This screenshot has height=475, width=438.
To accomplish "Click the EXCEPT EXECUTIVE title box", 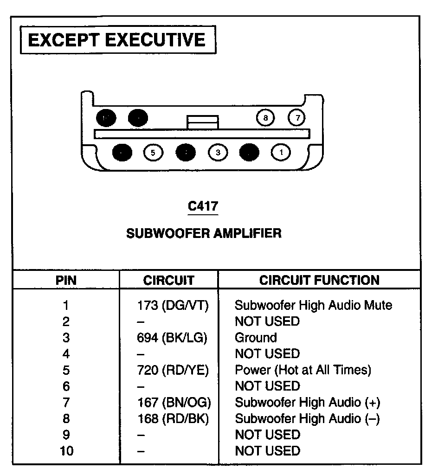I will [x=116, y=40].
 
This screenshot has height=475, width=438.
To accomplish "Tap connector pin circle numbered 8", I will [x=265, y=118].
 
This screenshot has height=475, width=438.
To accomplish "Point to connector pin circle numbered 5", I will [x=153, y=152].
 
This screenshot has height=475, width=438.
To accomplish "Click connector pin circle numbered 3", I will [x=218, y=152].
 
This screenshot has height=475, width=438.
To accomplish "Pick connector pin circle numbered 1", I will [x=281, y=152].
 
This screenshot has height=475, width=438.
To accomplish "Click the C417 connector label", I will [x=203, y=205].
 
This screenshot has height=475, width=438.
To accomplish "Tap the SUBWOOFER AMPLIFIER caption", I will [x=204, y=233].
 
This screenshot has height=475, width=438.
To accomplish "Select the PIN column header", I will [x=66, y=280].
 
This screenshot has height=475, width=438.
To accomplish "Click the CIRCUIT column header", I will [x=168, y=280].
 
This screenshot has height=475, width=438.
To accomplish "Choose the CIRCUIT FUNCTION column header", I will [x=319, y=280].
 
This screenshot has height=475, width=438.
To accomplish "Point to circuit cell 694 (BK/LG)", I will [x=172, y=338].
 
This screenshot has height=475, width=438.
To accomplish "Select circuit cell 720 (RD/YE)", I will [x=173, y=370].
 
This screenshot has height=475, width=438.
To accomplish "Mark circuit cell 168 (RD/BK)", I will [x=173, y=418].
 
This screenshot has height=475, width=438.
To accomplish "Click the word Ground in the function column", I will [x=256, y=338].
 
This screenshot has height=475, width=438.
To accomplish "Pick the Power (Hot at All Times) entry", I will [x=303, y=370].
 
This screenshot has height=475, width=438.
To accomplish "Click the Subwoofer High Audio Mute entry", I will [x=313, y=305].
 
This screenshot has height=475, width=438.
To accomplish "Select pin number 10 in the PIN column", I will [x=66, y=451].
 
